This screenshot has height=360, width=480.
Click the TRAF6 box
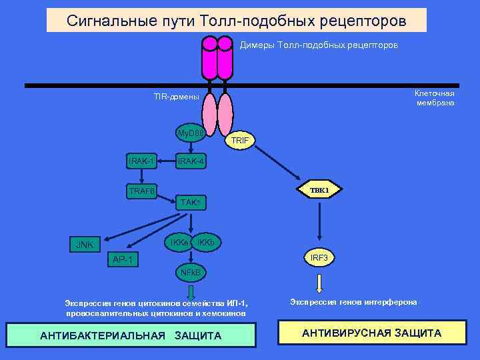click(141, 191)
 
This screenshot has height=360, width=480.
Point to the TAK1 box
click(191, 201)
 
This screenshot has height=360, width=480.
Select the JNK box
click(84, 245)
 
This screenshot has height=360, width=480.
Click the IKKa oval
click(178, 243)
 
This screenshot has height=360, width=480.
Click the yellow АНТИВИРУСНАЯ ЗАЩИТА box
click(371, 333)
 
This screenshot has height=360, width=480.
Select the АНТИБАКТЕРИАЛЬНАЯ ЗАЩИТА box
click(131, 335)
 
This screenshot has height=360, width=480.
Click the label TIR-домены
click(176, 97)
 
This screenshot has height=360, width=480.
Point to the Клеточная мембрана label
click(435, 97)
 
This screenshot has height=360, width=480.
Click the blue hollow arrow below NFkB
click(191, 291)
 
